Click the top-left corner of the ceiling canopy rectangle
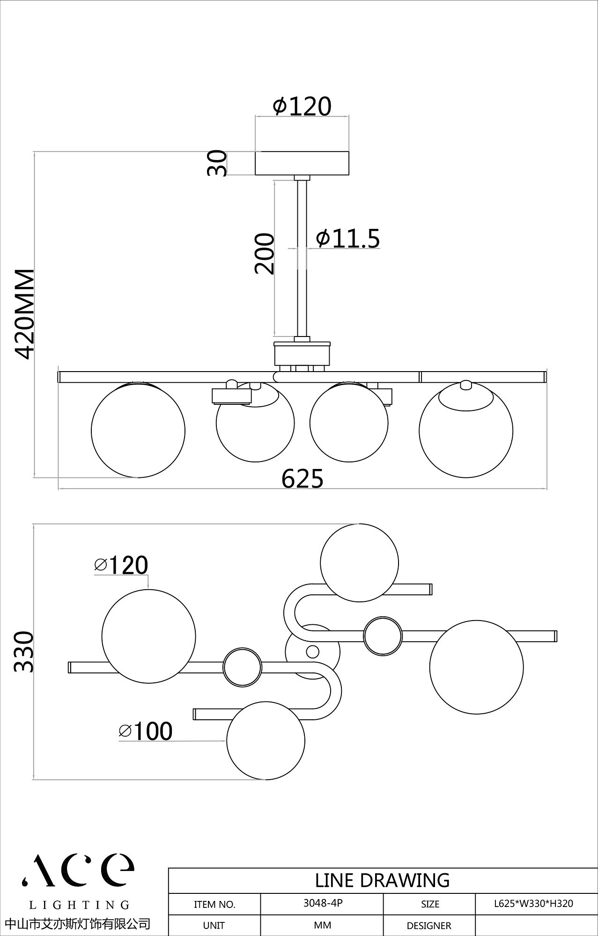coord(255,152)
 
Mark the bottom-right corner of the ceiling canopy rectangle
coord(349,175)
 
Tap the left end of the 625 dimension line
coord(58,490)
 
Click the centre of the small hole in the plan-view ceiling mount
coord(312,651)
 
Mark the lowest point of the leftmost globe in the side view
coord(138,477)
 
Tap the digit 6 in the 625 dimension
coord(288,478)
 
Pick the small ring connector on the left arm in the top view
coord(242,667)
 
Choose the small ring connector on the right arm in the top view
coord(383,636)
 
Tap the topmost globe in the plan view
coord(360,563)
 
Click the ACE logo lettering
coord(78,869)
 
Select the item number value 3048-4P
coord(323,903)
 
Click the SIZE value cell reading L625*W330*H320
coord(533,903)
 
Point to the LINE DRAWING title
coord(382,880)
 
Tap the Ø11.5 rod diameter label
coord(348,238)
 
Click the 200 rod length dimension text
coord(264,253)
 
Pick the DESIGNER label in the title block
coord(429,925)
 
